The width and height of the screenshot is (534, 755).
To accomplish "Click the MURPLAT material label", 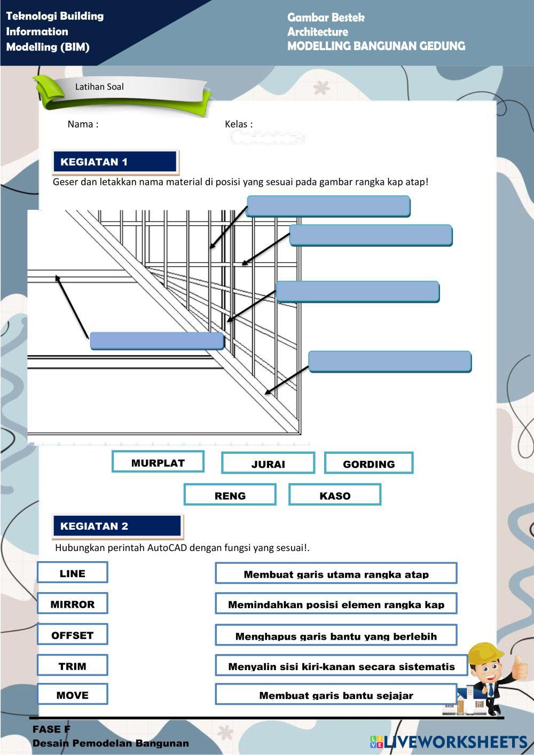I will (x=158, y=462).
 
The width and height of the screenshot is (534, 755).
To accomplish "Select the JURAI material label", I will (x=268, y=463).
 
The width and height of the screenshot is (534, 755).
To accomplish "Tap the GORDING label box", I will (x=368, y=463).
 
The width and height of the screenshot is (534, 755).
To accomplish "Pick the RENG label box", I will (x=230, y=495).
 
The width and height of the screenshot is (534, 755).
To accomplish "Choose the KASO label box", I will (x=335, y=495).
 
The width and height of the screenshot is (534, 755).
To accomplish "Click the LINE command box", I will (x=73, y=573).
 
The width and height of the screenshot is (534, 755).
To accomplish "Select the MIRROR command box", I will (x=73, y=604).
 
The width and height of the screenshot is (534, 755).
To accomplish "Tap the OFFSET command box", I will (x=73, y=635).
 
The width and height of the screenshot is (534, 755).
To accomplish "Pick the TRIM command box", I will (x=73, y=666).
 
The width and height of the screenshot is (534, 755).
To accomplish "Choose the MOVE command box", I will (x=73, y=695).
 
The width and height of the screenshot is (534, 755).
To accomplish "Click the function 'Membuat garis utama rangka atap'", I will (x=336, y=574).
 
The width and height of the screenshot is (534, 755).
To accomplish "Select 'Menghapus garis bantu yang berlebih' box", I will (x=336, y=635).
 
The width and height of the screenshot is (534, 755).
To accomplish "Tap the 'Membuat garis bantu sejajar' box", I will (x=336, y=695).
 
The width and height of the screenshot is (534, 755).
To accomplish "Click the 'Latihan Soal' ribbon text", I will (x=99, y=86).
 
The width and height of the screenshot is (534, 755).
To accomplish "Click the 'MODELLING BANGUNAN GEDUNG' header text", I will (x=376, y=46).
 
